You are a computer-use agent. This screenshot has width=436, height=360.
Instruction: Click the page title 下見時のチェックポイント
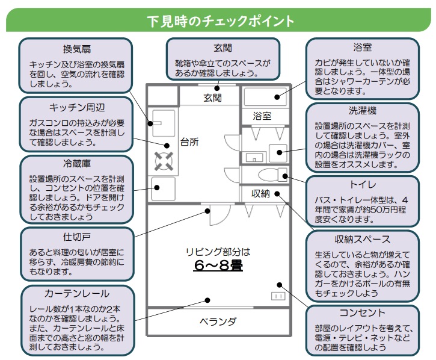(x=220, y=21)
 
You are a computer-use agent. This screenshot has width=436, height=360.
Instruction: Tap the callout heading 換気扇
(x=77, y=49)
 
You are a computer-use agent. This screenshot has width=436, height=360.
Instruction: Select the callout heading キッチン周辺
(x=77, y=107)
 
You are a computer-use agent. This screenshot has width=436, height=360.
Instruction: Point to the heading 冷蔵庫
(x=77, y=163)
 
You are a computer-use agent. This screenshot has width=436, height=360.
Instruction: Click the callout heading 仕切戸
(x=77, y=237)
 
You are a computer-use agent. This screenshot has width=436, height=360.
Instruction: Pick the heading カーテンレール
(x=77, y=293)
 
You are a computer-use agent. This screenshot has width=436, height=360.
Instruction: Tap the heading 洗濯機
(x=363, y=111)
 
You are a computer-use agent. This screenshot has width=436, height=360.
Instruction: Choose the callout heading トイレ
(x=363, y=185)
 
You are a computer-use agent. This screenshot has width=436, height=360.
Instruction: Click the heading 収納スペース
(x=363, y=239)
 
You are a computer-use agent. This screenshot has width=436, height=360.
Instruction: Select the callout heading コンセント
(x=363, y=313)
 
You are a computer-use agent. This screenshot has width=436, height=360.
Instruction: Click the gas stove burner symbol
(x=164, y=161)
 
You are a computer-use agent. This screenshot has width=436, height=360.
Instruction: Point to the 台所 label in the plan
(x=189, y=142)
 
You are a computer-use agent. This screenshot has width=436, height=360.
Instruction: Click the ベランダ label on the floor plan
(x=218, y=321)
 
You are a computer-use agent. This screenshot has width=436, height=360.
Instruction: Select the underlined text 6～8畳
(x=218, y=265)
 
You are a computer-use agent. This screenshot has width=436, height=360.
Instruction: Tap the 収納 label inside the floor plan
(x=260, y=193)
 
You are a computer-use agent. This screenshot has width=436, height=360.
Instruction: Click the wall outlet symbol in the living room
(x=278, y=296)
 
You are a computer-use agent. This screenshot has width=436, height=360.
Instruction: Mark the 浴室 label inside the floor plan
(x=262, y=116)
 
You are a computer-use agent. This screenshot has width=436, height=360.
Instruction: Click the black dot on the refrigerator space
(x=157, y=187)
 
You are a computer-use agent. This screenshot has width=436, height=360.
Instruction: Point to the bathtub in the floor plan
(x=265, y=96)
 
